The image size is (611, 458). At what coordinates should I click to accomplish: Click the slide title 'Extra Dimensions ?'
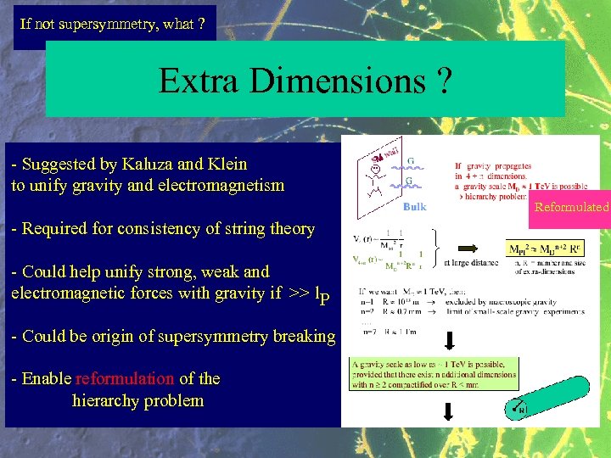(x=305, y=81)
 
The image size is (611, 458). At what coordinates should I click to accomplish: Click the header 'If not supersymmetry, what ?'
(x=112, y=24)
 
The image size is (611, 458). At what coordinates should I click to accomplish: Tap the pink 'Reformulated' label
(x=571, y=207)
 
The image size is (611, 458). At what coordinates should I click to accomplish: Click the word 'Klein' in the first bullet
(x=224, y=164)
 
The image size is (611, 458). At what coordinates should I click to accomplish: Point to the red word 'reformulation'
(x=124, y=378)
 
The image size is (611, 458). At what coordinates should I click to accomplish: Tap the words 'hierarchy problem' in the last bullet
(x=138, y=400)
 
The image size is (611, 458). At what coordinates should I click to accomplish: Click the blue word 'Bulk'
(x=415, y=207)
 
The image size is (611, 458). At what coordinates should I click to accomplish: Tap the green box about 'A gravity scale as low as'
(x=434, y=374)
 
